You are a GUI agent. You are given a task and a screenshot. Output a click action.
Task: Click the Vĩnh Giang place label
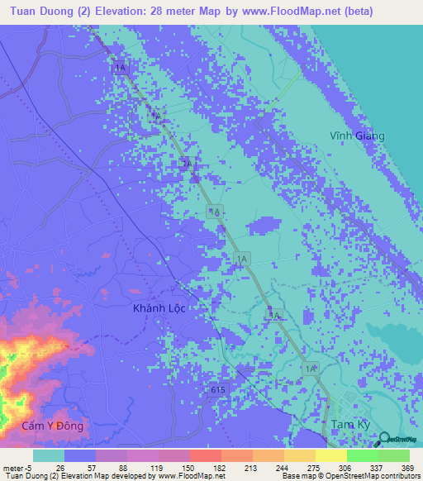tap(359, 136)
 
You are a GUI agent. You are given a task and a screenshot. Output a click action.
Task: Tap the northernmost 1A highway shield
tap(121, 68)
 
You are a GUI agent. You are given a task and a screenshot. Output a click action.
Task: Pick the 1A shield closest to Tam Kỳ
tap(311, 368)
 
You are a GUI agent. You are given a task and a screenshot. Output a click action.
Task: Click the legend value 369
tap(406, 467)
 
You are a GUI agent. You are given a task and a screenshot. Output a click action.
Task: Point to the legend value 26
tap(59, 467)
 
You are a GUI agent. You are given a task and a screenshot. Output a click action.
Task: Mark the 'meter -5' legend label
tap(17, 467)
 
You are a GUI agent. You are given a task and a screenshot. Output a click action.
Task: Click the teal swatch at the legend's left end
tap(49, 455)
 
